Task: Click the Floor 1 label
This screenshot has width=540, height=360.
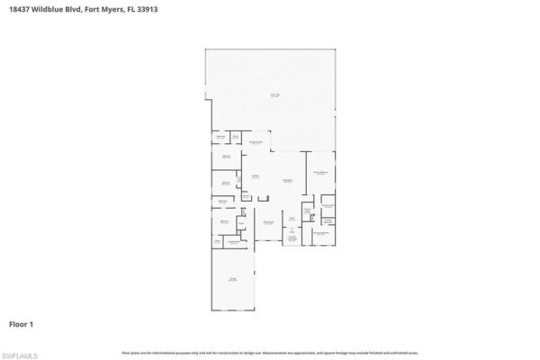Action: (x=22, y=323)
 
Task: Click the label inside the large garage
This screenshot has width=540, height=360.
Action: (x=232, y=280)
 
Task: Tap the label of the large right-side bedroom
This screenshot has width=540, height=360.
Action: (x=319, y=173)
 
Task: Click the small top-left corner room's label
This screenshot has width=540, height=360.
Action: (x=219, y=137)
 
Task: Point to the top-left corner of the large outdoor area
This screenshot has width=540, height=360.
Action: (x=206, y=49)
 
